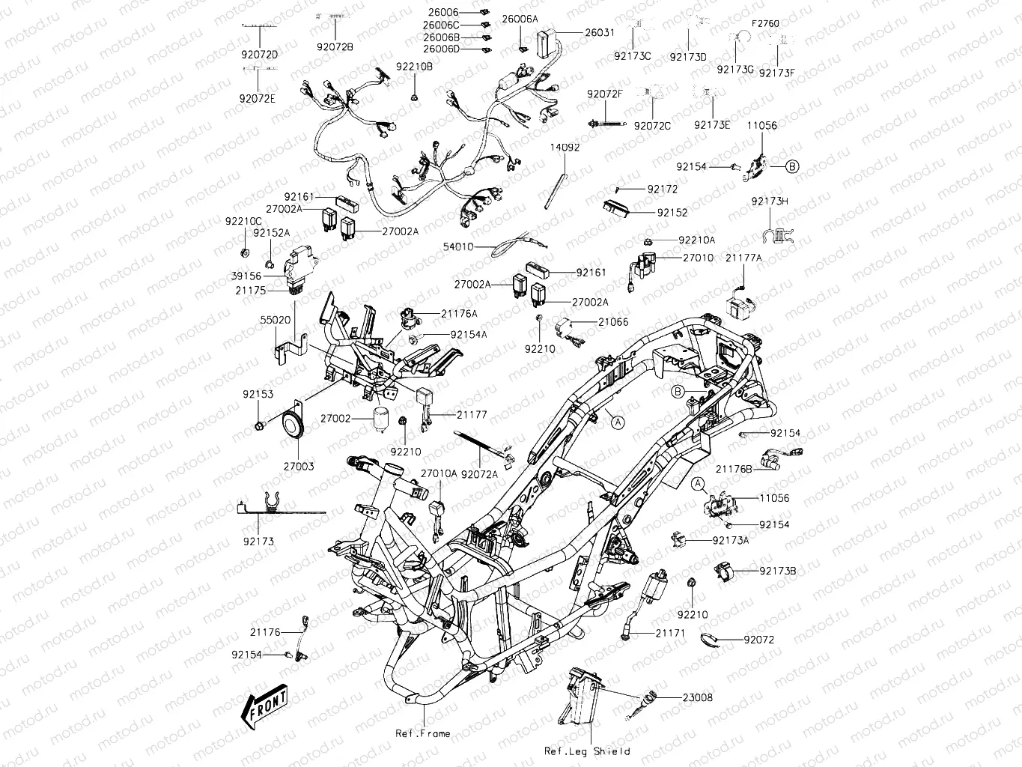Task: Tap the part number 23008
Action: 697,697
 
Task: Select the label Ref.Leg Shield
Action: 587,751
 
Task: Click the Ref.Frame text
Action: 423,733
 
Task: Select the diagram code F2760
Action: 765,23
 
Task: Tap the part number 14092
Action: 565,148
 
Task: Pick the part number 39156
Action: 246,276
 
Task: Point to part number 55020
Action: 275,319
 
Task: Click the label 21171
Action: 670,633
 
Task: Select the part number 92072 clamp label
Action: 758,640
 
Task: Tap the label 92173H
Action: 770,201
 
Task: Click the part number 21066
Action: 612,322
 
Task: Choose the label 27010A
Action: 438,473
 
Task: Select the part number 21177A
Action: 743,258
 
